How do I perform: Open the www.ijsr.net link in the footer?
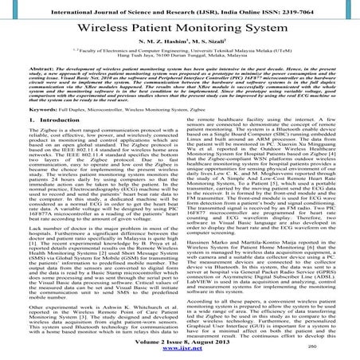(179, 351)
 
